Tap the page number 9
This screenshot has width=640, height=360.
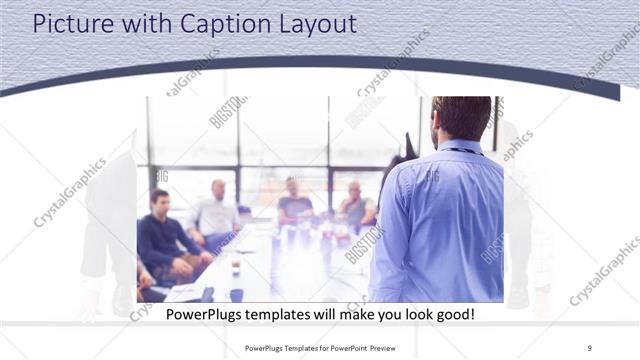point(590,347)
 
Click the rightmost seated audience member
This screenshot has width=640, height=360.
point(355,205)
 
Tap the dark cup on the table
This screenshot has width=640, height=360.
point(235,266)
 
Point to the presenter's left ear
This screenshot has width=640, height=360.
point(435,125)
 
